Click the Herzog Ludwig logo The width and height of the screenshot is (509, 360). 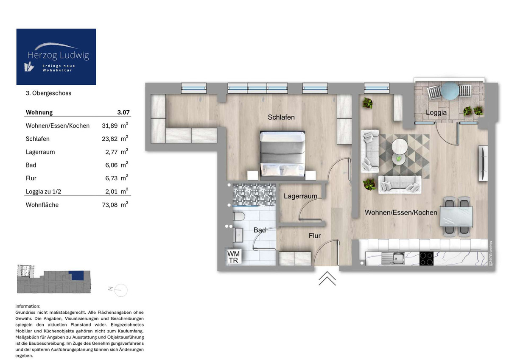[56, 57]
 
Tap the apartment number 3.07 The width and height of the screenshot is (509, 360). [123, 112]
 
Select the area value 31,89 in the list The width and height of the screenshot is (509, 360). [110, 126]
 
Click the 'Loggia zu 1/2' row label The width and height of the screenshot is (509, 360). [44, 192]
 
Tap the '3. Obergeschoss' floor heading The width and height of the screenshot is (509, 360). [48, 93]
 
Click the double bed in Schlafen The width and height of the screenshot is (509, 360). [283, 153]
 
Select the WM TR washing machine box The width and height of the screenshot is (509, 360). [233, 257]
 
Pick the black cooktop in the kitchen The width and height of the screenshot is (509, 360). [425, 258]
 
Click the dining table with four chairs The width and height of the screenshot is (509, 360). [456, 216]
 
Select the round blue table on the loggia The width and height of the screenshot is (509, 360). [449, 91]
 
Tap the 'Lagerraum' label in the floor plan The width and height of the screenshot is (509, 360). [300, 196]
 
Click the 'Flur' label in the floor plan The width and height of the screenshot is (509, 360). [314, 236]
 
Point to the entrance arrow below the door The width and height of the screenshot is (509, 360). [327, 278]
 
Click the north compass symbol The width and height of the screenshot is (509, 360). [119, 289]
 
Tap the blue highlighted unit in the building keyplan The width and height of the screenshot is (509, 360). [77, 275]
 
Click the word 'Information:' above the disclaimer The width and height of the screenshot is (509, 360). [28, 306]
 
